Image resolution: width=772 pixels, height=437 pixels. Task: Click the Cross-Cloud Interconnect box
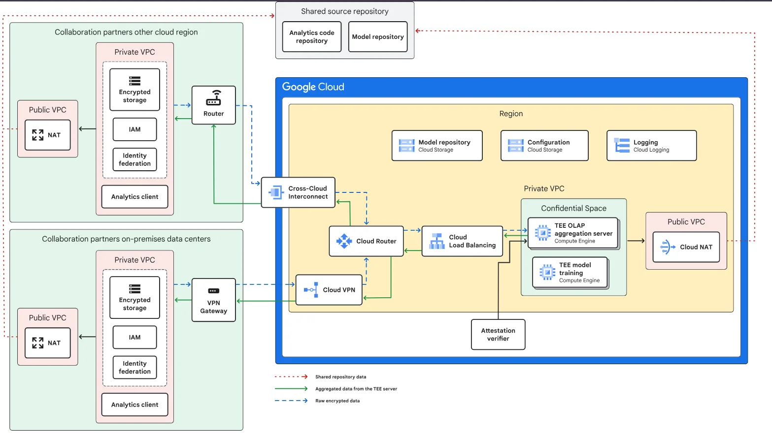point(298,192)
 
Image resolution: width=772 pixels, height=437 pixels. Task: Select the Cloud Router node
point(366,241)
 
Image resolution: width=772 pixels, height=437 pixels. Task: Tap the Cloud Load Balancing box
point(462,241)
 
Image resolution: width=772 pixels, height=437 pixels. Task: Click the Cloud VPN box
point(329,290)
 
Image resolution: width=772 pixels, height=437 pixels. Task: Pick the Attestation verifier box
point(498,335)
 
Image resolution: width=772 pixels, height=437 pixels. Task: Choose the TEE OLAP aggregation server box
point(573,233)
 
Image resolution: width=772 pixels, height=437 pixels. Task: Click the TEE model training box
point(570,273)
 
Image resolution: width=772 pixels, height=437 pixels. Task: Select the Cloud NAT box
point(686,247)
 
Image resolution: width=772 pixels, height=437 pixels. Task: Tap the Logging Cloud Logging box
point(651,146)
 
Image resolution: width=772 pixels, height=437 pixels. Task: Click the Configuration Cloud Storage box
point(544,146)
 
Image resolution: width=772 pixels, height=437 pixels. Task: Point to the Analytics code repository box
point(311,37)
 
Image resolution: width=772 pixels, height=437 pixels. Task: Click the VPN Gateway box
point(213,300)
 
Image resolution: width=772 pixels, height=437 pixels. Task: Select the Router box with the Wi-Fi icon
point(213,105)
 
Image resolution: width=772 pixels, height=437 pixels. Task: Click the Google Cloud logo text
point(313,87)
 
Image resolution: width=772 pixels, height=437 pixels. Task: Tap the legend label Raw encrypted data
point(337,401)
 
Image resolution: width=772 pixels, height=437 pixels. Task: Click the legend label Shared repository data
point(340,377)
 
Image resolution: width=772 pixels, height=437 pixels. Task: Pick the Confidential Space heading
point(573,209)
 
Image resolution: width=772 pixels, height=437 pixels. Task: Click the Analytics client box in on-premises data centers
point(134,405)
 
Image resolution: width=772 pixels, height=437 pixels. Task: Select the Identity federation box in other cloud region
point(134,159)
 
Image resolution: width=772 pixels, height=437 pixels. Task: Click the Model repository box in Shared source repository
point(377,37)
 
